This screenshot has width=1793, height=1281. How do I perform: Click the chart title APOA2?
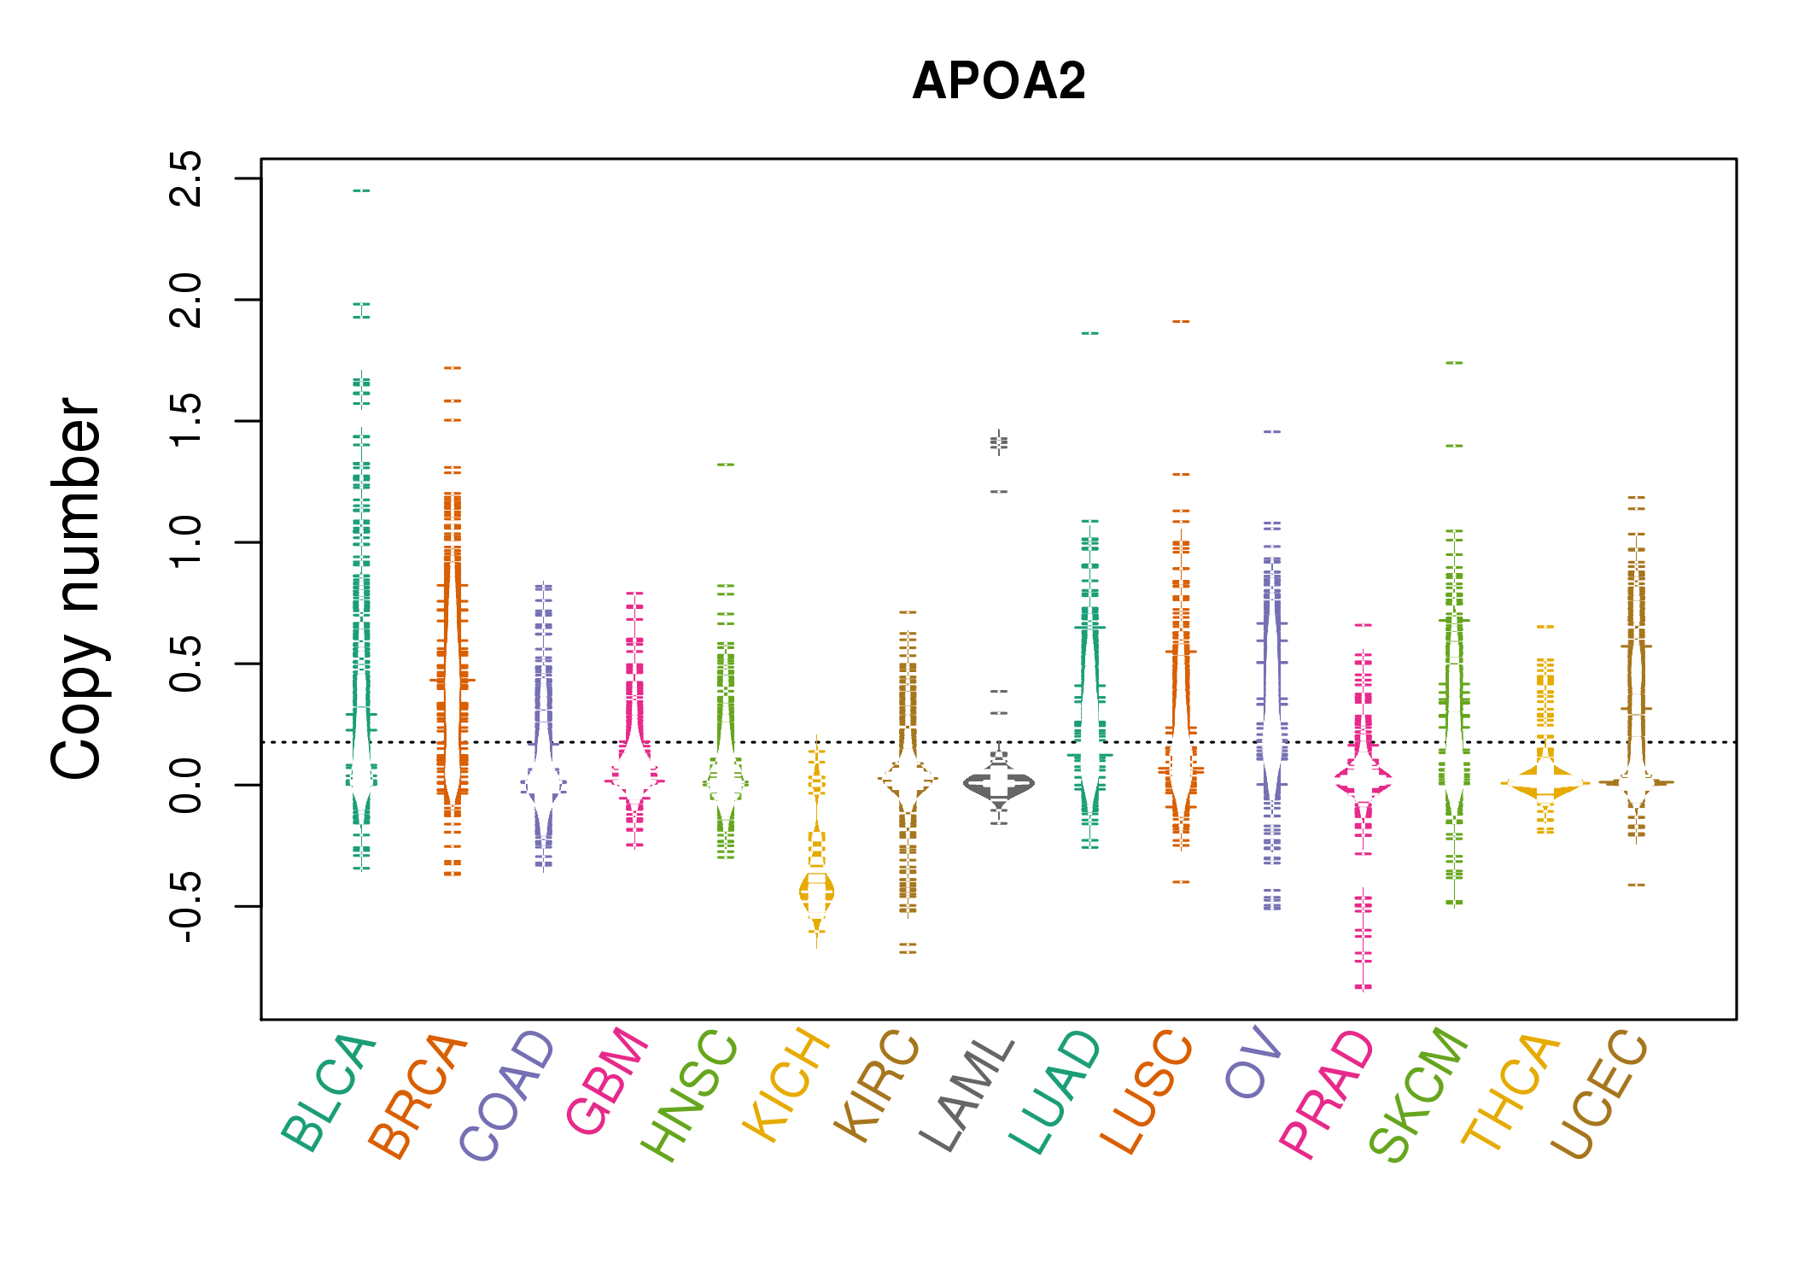998,81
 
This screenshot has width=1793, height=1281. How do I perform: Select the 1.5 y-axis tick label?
186,421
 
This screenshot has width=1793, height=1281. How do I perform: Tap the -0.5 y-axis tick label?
186,906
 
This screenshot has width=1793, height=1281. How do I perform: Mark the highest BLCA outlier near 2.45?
362,190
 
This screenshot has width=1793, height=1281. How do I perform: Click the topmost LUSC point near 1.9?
1181,322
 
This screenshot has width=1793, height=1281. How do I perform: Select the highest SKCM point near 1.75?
1454,363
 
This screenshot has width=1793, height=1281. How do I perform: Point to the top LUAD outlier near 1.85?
1090,333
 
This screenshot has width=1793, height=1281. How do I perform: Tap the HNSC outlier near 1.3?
726,465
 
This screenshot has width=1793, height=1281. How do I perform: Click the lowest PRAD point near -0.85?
1364,987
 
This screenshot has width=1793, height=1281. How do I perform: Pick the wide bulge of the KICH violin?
816,892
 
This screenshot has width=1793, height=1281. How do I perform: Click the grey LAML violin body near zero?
999,783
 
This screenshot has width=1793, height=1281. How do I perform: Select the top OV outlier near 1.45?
1272,432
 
